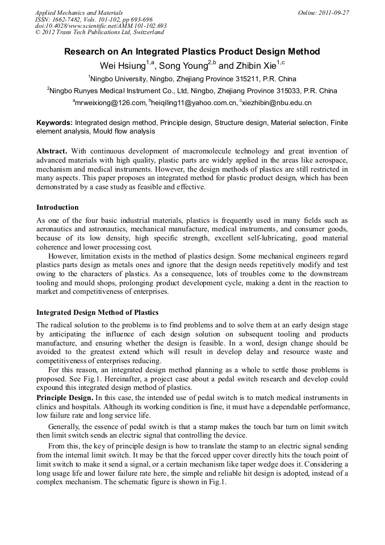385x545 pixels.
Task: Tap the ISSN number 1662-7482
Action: (70, 19)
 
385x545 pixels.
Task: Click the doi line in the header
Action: (101, 26)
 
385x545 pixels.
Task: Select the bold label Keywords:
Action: (55, 123)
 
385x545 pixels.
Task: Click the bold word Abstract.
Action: (52, 151)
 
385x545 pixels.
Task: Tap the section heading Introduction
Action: (57, 207)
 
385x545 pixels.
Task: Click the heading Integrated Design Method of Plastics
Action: (97, 313)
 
